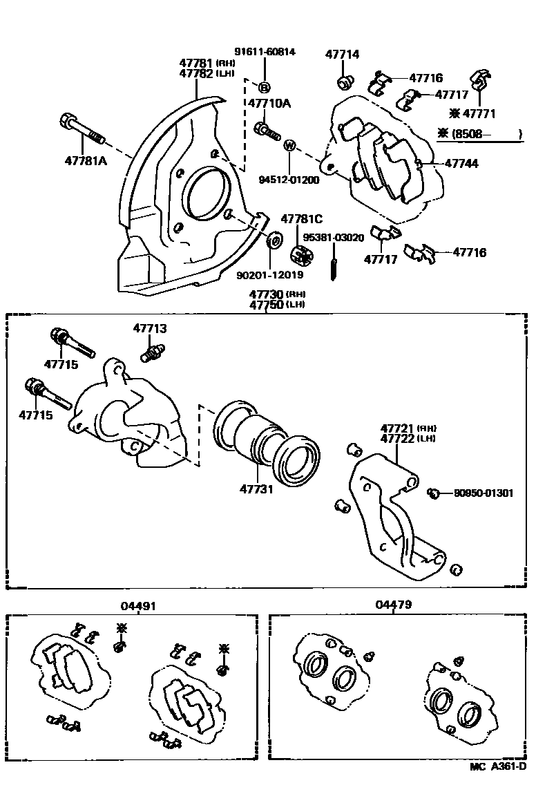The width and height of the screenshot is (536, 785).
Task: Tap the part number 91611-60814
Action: tap(264, 52)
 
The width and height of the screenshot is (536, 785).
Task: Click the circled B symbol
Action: tap(264, 87)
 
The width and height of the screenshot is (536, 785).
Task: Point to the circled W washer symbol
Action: tap(289, 146)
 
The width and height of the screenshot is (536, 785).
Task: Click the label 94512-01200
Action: tap(289, 180)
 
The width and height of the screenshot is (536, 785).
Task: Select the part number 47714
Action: tap(343, 55)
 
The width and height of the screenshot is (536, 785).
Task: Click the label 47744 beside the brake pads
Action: tap(461, 164)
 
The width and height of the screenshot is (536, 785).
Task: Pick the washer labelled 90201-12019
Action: tap(274, 240)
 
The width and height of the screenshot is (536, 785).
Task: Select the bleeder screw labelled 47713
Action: tap(151, 353)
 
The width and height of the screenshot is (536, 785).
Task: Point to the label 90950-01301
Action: tap(484, 493)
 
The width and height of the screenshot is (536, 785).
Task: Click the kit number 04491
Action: tap(138, 605)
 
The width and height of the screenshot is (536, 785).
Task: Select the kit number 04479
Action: tap(394, 605)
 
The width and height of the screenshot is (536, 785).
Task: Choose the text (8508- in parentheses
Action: tap(473, 135)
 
